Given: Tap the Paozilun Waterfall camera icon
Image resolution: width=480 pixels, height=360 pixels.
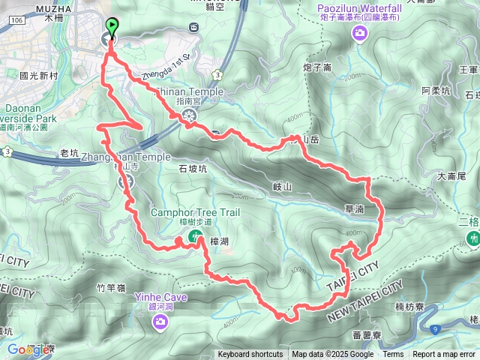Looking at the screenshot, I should pos(361,32).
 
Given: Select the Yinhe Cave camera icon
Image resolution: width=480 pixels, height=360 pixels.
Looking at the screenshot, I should pos(160,322).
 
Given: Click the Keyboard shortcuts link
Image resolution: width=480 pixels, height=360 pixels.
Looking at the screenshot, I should pos(250,355).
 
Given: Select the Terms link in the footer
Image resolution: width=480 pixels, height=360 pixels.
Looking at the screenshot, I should pos(393,355).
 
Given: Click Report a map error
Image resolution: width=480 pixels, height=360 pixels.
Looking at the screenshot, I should pos(444,355).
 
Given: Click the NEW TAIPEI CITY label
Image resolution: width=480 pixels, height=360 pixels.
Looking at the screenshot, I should pos(365,301).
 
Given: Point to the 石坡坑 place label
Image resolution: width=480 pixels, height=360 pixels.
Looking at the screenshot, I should pos(192,169).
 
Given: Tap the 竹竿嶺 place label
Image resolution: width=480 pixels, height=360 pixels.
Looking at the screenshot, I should pos(111,286).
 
